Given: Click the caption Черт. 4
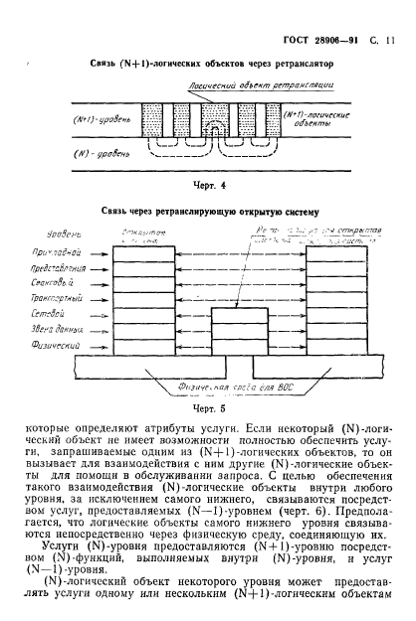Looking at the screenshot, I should (216, 186).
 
